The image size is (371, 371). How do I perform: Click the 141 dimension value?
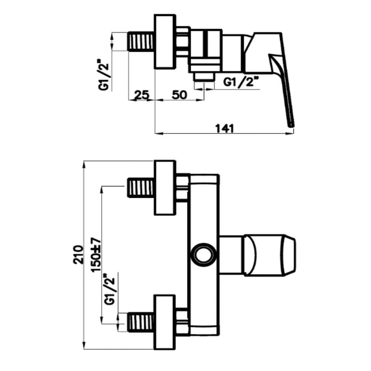tap(224, 128)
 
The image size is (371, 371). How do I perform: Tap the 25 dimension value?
tap(142, 95)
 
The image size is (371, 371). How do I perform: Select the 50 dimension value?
tap(179, 95)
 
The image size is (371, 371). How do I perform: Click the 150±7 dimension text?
tap(96, 255)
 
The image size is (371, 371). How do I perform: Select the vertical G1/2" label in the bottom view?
tap(109, 289)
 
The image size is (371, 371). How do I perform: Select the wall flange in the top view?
tap(165, 42)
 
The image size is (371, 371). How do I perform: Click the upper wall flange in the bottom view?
tap(165, 188)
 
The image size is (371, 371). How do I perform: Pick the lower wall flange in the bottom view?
tap(165, 322)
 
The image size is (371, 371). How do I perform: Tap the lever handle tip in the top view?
tap(291, 125)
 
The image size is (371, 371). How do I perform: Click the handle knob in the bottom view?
tap(270, 255)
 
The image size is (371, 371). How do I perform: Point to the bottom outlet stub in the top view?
tap(204, 77)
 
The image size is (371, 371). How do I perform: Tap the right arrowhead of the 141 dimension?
tap(290, 134)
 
